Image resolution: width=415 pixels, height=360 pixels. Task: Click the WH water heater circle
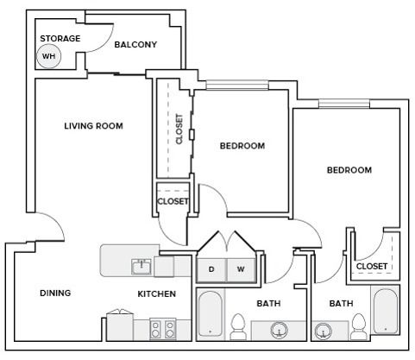click(48, 57)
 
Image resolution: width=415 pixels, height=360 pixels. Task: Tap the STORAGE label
click(60, 38)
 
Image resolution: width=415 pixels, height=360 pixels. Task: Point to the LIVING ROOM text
click(93, 126)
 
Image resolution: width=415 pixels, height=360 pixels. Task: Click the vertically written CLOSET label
click(179, 129)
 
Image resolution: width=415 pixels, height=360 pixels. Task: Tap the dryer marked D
click(211, 269)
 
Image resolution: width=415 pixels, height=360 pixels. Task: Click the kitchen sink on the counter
click(141, 265)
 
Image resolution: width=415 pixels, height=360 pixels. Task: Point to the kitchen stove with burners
click(163, 329)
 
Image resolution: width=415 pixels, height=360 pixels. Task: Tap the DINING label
click(55, 294)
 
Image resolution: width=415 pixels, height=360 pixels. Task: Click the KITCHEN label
click(157, 294)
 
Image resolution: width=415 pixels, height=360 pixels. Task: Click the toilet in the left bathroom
click(239, 327)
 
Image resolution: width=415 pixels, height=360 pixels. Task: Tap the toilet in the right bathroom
click(358, 327)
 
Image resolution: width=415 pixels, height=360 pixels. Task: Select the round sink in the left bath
click(278, 329)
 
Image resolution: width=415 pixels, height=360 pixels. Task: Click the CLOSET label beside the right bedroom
click(371, 266)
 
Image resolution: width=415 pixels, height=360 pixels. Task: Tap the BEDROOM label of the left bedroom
click(242, 146)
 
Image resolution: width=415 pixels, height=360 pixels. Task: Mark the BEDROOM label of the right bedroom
click(349, 170)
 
